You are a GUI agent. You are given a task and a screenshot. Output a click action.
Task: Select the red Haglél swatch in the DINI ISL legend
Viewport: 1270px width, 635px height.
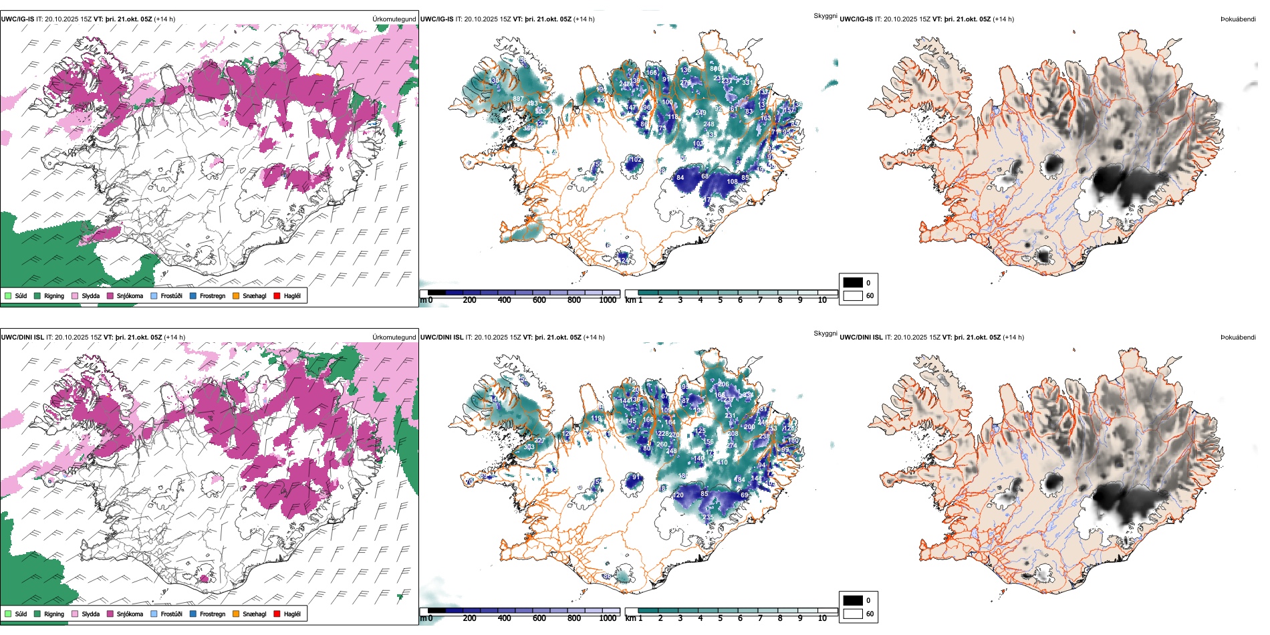click(277, 614)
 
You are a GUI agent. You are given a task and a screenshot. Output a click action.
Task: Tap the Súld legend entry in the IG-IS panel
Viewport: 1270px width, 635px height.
click(16, 295)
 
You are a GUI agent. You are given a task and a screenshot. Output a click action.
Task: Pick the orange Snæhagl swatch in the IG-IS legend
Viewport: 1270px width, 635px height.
click(236, 295)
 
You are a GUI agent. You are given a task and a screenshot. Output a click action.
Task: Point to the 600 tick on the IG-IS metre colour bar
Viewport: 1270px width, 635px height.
click(539, 300)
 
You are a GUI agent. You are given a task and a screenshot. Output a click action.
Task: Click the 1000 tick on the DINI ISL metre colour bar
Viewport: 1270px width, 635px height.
click(608, 618)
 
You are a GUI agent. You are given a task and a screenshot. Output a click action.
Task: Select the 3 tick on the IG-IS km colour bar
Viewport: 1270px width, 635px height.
click(680, 300)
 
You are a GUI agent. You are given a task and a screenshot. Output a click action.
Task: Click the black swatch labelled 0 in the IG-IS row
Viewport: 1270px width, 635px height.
click(853, 283)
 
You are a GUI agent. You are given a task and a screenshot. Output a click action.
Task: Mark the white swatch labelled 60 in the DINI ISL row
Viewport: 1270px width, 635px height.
click(853, 614)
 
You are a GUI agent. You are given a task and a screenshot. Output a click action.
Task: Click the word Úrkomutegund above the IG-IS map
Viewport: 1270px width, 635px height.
click(394, 19)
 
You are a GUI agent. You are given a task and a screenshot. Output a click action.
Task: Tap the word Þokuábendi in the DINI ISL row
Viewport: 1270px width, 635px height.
click(1238, 338)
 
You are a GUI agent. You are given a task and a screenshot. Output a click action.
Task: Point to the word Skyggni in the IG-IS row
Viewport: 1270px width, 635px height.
click(825, 15)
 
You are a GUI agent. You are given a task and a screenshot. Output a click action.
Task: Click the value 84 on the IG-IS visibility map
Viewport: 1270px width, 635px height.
click(680, 178)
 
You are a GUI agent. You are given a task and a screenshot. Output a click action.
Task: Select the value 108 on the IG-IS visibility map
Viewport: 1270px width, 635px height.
click(733, 182)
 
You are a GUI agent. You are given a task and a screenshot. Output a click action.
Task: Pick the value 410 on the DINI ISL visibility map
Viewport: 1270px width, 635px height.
click(722, 463)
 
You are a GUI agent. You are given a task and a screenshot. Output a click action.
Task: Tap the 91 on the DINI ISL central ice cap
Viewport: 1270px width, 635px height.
click(636, 477)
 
